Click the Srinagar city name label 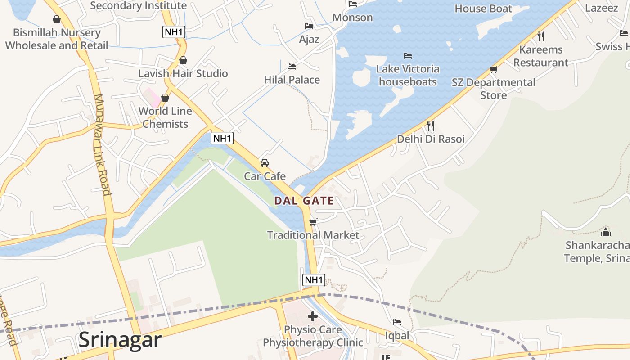coord(120,340)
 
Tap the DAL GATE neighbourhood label coord(304,201)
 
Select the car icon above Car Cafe coord(265,162)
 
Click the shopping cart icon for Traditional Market coord(313,222)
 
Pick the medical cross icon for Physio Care coord(313,316)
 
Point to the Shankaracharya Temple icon coord(606,232)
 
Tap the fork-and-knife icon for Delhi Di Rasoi coord(431,126)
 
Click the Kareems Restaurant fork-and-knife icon coord(541,36)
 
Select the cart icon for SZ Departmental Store coord(494,70)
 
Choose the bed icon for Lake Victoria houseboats coord(408,56)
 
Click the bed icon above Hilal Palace coord(292,67)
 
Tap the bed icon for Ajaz coord(309,26)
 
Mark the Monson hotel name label coord(353,18)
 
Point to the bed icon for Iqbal coord(397,322)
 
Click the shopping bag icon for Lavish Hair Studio coord(183,60)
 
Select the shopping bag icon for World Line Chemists coord(165,98)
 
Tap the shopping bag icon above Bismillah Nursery coord(57,19)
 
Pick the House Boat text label coord(483,9)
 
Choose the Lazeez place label coord(601,8)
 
